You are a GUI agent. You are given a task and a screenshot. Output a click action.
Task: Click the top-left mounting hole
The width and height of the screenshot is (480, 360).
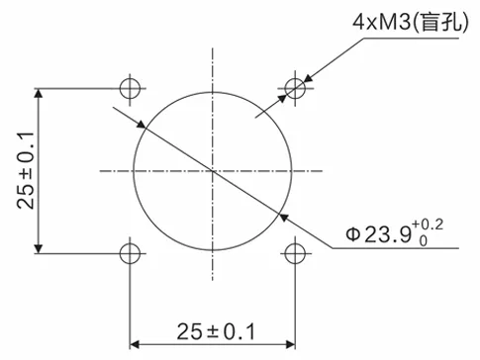click(129, 87)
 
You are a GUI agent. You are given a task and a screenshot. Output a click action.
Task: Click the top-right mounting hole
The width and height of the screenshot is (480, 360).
click(294, 87)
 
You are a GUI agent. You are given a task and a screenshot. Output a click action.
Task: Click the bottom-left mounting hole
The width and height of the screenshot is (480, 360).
click(129, 253)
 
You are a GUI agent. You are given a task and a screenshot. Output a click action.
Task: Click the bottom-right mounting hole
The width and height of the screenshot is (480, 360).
click(294, 253)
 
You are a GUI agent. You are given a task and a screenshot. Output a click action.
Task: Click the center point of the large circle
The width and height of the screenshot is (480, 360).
click(212, 171)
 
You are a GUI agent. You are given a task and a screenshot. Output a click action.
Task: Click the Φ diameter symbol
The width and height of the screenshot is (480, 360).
click(353, 235)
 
